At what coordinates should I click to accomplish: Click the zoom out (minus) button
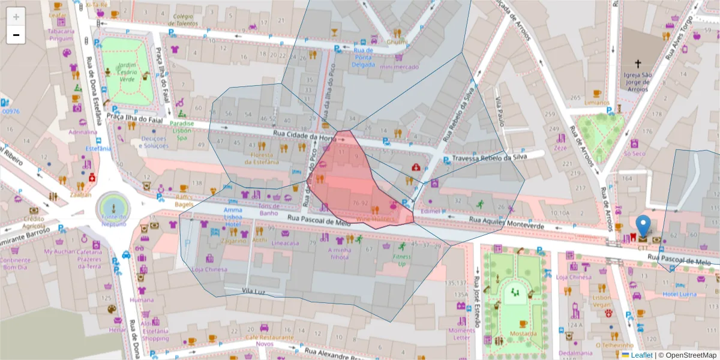coord(16,35)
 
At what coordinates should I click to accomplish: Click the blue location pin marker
coord(643,226)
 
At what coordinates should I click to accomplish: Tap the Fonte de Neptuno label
coord(113,220)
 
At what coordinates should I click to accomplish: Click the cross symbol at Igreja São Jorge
coord(638,62)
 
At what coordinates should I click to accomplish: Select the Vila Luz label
coord(253,290)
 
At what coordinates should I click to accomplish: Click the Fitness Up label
coord(401,260)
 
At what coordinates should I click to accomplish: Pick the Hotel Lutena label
coord(679,294)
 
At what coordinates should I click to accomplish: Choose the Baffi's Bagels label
coord(184,200)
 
